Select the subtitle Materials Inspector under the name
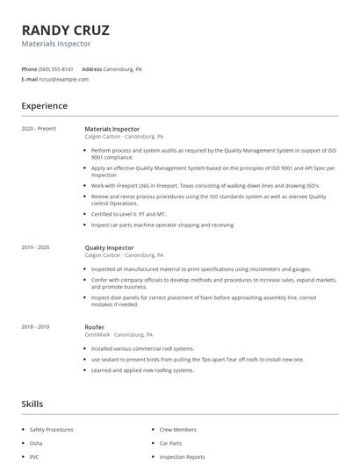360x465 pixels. (55, 43)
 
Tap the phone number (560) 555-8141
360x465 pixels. (56, 68)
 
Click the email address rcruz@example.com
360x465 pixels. (64, 79)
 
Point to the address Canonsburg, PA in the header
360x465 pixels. (123, 68)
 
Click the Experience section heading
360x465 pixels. (44, 106)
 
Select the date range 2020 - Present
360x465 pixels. (39, 129)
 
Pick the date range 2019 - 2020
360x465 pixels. (36, 248)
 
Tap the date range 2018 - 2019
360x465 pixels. (36, 326)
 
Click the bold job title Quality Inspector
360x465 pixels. (109, 248)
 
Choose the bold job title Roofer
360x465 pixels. (95, 326)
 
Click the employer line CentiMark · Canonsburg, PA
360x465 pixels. (119, 334)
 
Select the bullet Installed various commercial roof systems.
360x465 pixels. (142, 349)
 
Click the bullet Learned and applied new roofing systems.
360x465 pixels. (143, 369)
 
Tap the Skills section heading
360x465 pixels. (32, 404)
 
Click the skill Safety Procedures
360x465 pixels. (52, 429)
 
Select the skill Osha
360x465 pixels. (37, 443)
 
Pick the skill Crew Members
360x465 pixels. (178, 429)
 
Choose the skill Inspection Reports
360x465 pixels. (183, 456)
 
